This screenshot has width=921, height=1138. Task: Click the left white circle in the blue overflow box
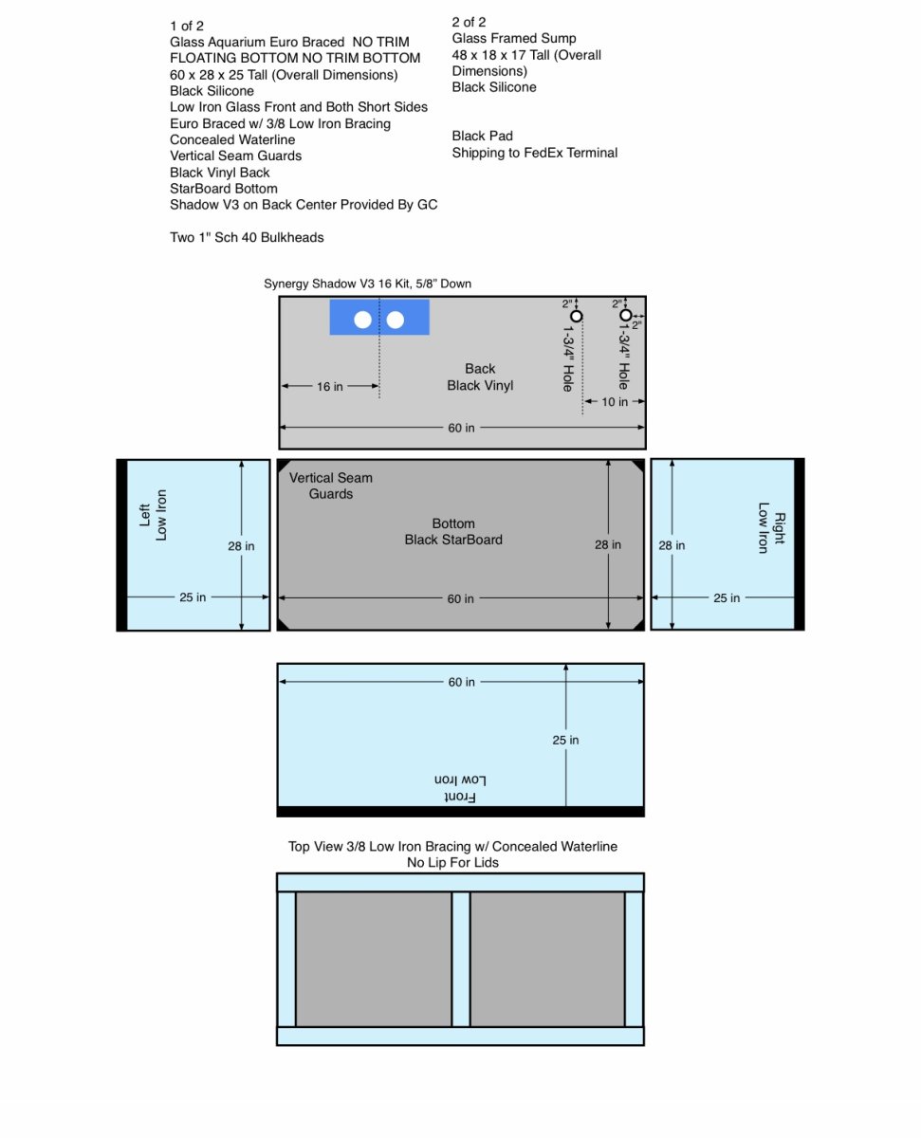(362, 320)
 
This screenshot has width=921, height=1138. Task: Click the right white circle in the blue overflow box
(396, 320)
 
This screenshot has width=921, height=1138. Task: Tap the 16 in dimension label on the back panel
(330, 386)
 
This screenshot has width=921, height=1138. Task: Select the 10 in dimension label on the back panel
(615, 402)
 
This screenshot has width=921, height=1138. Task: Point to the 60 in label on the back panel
(461, 428)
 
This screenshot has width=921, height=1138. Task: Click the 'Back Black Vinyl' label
(480, 376)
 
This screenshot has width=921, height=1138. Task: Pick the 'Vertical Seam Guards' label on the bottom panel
(331, 486)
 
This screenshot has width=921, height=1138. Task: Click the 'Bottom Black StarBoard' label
(453, 532)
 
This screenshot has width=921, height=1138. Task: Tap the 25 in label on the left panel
(193, 597)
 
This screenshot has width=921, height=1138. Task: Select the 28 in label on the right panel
(672, 545)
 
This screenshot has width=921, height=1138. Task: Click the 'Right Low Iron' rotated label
(771, 528)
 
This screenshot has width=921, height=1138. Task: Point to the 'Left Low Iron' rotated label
(153, 515)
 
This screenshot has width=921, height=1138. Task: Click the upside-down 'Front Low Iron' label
(460, 788)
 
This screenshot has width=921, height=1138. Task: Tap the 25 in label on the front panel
(565, 740)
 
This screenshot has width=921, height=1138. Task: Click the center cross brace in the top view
(461, 959)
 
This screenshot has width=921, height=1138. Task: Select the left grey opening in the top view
(374, 959)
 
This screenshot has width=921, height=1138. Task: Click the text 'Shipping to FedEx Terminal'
(534, 153)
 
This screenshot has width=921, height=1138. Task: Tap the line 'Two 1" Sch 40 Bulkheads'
(247, 237)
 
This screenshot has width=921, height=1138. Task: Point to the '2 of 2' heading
(469, 22)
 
